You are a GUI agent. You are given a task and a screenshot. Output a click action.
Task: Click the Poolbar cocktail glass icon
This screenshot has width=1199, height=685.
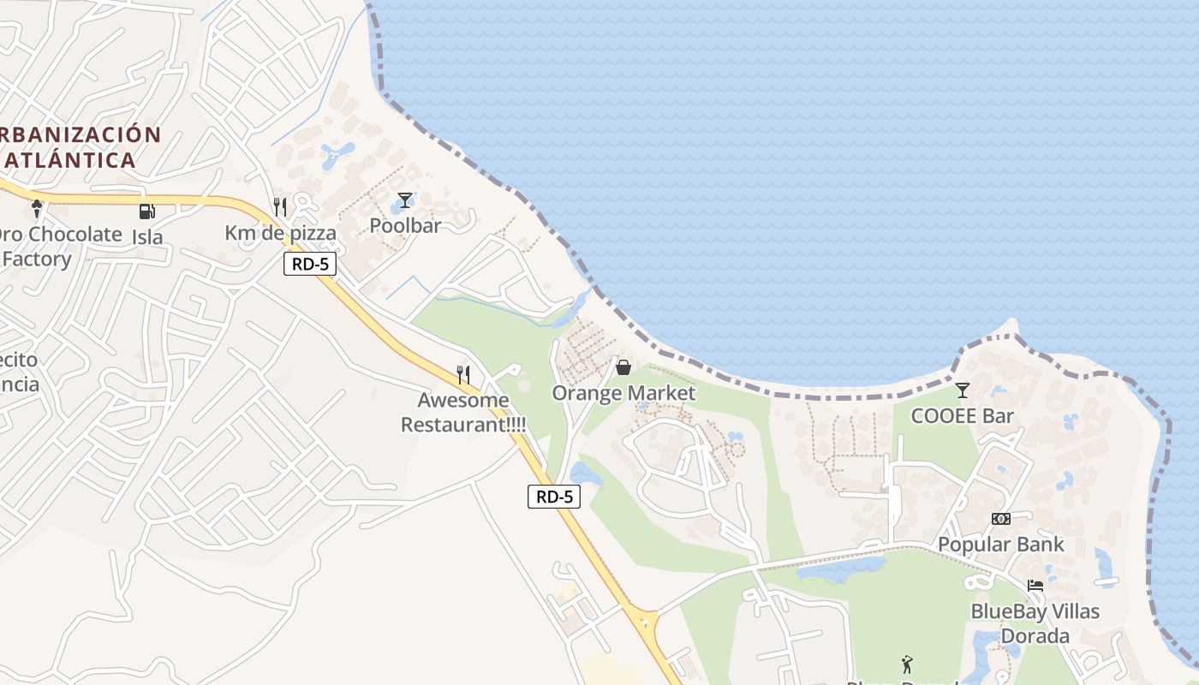click(405, 200)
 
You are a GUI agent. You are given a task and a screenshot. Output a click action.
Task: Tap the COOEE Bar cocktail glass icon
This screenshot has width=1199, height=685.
click(963, 390)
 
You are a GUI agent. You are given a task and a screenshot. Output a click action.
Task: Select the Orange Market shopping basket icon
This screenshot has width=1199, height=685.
click(623, 367)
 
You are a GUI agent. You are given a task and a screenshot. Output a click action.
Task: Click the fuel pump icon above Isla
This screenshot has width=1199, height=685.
click(147, 211)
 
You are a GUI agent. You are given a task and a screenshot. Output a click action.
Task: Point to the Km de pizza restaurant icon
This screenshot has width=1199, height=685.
click(280, 206)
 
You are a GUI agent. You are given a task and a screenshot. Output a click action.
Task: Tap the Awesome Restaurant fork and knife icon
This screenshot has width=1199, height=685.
click(463, 374)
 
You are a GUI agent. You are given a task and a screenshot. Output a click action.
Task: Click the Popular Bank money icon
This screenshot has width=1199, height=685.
click(1000, 519)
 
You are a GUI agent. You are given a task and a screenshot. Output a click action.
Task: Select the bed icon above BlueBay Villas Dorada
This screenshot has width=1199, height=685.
click(1035, 586)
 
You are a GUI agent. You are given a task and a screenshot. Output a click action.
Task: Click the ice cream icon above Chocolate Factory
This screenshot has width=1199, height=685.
click(37, 208)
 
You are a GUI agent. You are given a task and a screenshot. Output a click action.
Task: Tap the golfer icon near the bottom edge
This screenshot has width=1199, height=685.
click(907, 664)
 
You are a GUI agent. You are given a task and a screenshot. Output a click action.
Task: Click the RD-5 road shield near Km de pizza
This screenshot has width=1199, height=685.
click(310, 264)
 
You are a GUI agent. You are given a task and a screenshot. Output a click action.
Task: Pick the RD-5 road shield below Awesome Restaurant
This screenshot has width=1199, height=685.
click(553, 496)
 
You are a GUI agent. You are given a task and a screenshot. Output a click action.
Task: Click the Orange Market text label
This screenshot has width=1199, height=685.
click(623, 393)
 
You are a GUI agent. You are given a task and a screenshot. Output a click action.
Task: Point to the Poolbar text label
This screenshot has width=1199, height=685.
click(405, 225)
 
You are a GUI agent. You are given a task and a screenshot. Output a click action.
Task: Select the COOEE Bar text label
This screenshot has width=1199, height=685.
click(962, 416)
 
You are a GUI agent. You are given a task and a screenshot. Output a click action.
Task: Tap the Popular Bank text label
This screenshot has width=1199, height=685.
click(1001, 544)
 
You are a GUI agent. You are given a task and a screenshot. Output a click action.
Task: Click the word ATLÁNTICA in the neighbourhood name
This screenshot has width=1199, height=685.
click(70, 159)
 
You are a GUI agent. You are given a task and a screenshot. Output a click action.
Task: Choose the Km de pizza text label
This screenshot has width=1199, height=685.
click(280, 232)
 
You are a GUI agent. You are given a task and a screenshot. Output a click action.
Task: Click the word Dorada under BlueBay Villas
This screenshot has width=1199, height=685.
click(1035, 636)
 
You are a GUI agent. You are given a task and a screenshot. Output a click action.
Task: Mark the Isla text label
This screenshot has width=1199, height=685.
click(147, 236)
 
